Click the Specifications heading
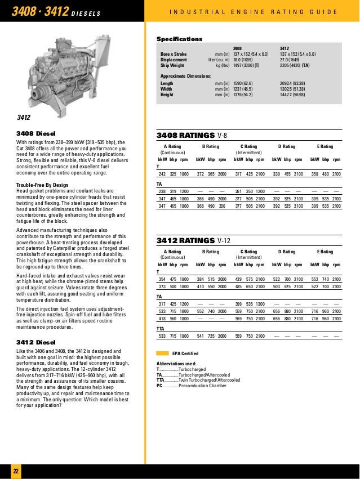(179, 39)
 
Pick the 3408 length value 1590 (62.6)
(245, 83)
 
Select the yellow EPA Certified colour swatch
(162, 353)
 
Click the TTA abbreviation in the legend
(161, 380)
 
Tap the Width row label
(167, 88)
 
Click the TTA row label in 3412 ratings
(161, 328)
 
